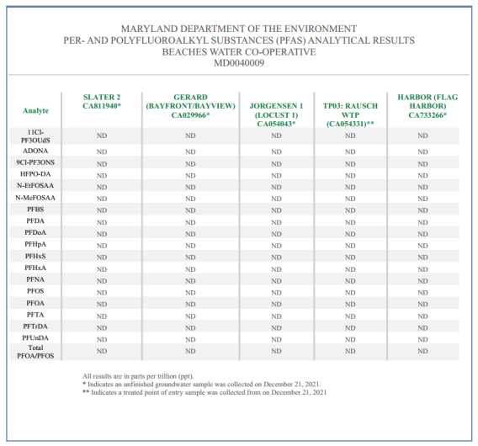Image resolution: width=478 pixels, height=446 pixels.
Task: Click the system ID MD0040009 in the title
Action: [x=239, y=63]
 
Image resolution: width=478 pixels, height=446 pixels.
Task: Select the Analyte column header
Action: [x=35, y=111]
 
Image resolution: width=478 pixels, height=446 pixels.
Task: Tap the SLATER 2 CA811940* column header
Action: [x=102, y=102]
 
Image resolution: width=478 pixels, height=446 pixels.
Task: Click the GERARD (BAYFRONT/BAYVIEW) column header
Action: [x=190, y=106]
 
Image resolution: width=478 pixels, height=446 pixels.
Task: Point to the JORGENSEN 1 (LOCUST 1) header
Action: [x=276, y=114]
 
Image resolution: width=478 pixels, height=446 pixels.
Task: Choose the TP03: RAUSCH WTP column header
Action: [x=350, y=114]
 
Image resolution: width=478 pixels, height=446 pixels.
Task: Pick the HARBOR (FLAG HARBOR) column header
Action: [x=428, y=106]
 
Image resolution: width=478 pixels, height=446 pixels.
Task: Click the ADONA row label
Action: [x=35, y=151]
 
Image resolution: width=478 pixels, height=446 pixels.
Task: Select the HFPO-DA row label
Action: [x=35, y=174]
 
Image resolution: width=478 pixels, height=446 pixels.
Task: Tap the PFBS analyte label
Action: [x=35, y=210]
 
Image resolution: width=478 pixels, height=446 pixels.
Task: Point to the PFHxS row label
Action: [x=35, y=257]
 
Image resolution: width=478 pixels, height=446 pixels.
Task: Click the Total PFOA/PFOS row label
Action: [x=35, y=352]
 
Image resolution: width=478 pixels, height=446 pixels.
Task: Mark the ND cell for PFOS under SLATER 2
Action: [x=102, y=293]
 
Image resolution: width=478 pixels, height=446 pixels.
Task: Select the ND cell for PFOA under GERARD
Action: [x=190, y=305]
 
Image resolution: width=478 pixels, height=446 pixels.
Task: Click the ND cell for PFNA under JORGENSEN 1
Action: [x=277, y=281]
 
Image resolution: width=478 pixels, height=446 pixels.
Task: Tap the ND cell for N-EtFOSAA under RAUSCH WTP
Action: [x=350, y=187]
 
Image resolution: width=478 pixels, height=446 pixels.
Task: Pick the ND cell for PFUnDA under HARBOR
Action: [x=422, y=339]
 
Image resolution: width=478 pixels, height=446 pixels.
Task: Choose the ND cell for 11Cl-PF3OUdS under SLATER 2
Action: [x=102, y=135]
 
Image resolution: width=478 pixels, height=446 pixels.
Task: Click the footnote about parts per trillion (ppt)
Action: [x=138, y=376]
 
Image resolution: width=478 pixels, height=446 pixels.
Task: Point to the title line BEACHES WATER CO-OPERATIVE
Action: [x=239, y=52]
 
